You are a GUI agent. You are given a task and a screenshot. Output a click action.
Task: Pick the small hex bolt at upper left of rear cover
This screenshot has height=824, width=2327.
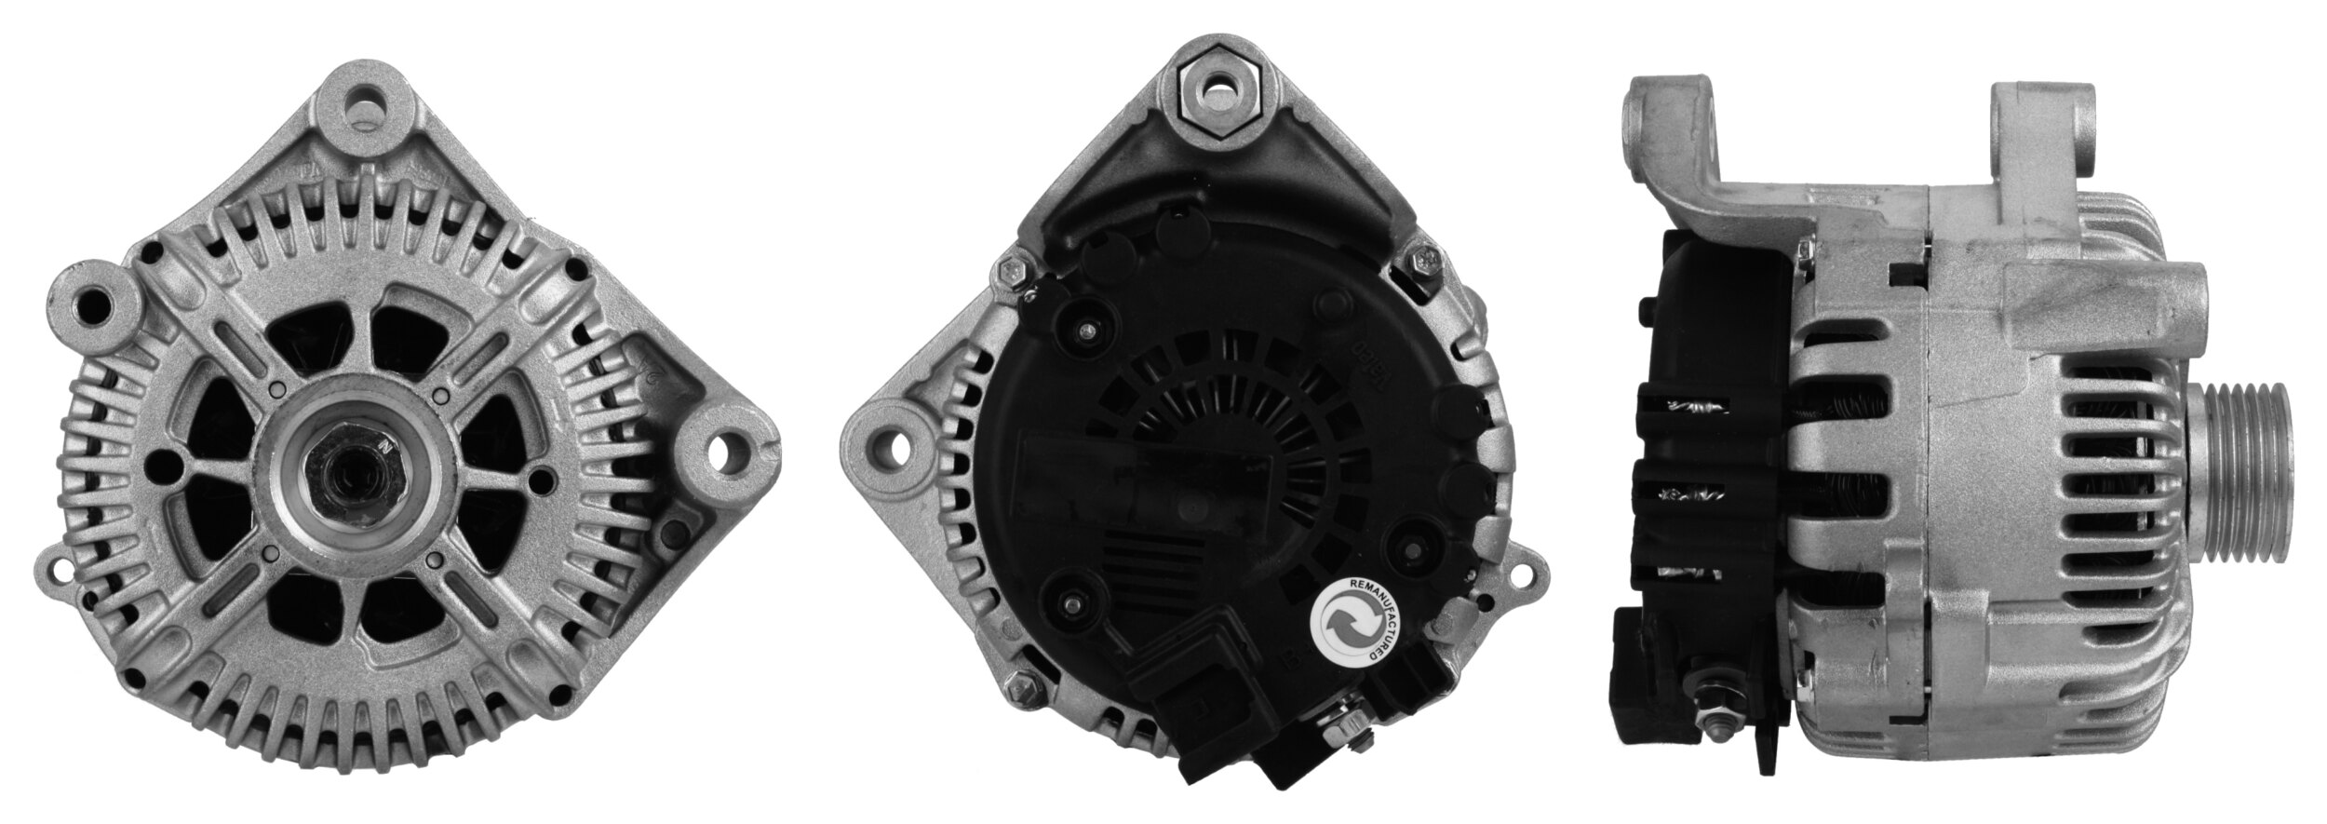coord(1014,270)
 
